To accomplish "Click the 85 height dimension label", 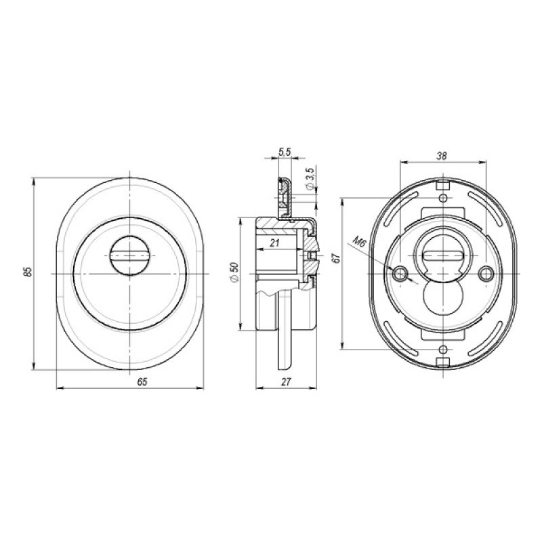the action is coord(29,272).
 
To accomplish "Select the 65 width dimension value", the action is coord(142,381).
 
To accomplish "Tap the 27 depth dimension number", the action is coord(286,381).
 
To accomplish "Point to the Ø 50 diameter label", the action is coord(234,272).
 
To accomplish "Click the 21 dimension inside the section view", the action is coord(275,243).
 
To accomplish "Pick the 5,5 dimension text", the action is coord(285,152).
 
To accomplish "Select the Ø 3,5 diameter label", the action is coord(310,179).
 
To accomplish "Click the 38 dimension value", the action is coord(442,156).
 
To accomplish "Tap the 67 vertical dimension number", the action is coord(336,258).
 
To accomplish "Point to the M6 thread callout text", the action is coord(360,243).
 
